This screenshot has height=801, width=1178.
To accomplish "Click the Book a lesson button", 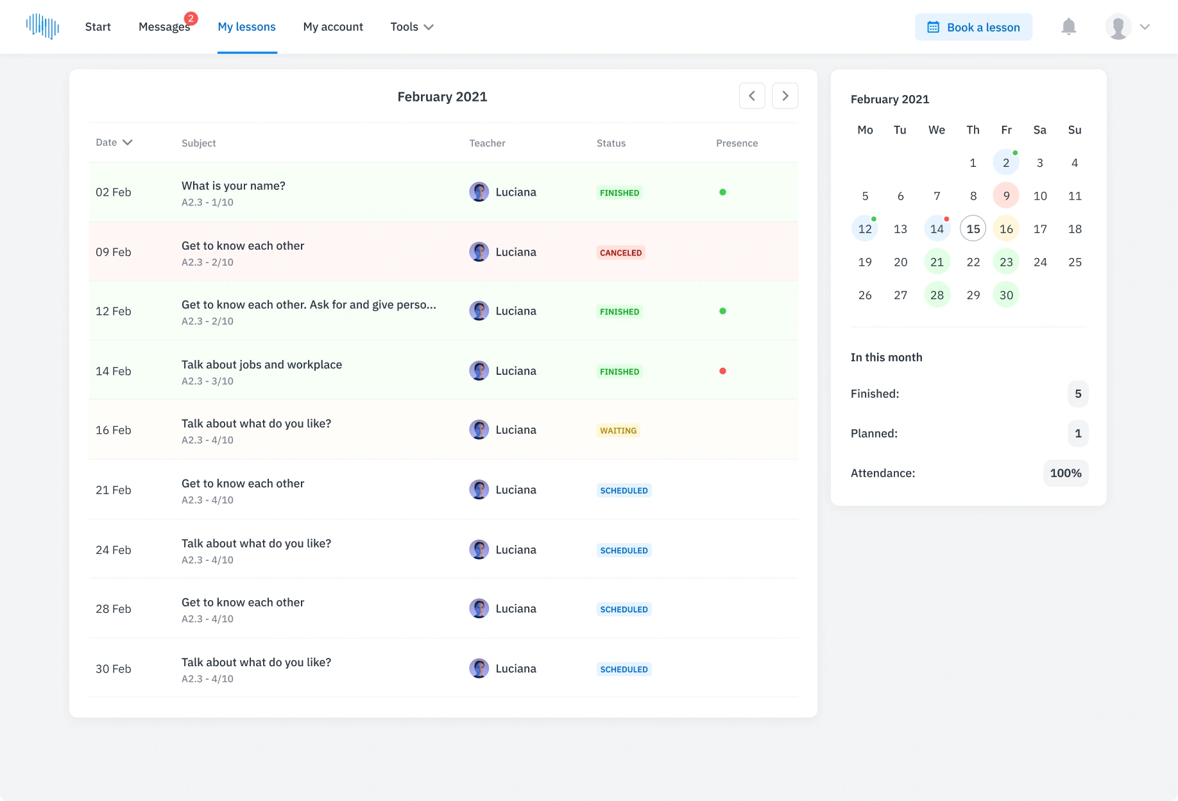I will coord(973,27).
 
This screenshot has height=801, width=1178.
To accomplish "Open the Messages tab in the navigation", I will coord(164,27).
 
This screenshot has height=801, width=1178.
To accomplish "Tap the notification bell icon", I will coord(1068,27).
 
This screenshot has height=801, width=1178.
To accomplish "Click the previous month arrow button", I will coord(751,96).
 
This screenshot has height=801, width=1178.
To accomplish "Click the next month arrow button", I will coord(785,96).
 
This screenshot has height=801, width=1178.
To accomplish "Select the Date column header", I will coord(114,142).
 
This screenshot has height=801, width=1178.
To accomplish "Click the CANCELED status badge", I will coord(620,253).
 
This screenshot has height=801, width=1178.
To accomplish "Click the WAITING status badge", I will coord(618,431).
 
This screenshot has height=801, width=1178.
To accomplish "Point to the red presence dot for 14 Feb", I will coord(722,371).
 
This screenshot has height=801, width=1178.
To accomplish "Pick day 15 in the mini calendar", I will coord(973,229).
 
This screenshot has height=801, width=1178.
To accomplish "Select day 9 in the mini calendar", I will coord(1006,196).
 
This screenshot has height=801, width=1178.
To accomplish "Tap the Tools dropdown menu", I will coord(412,27).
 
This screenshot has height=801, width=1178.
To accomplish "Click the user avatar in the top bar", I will coord(1118,27).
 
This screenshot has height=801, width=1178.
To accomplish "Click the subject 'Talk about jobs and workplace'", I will coord(262,365).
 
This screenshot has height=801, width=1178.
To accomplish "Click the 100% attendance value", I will coord(1065,473).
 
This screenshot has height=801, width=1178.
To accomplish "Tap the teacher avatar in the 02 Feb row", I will coord(479,192).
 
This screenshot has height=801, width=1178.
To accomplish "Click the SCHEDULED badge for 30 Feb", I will coord(624,669).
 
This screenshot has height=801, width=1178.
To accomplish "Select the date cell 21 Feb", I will coord(114,490).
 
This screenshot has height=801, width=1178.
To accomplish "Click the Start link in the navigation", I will coord(98,27).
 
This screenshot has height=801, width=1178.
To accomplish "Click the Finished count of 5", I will coord(1078,394).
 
